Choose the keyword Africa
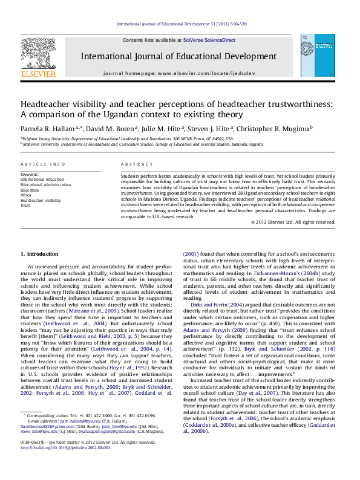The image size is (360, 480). click(25, 193)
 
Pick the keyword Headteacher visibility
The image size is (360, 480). click(41, 200)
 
